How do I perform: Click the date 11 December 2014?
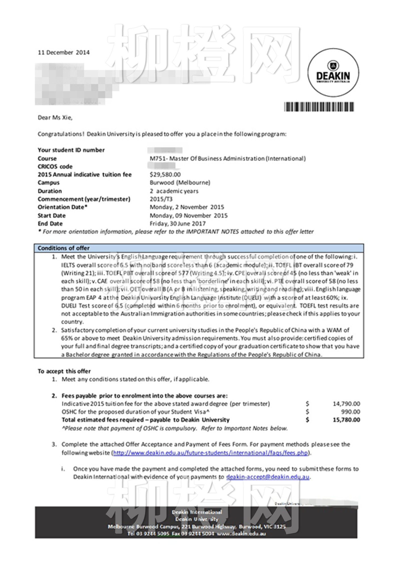point(64,52)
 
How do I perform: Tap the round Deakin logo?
point(333,73)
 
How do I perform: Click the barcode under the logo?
point(319,107)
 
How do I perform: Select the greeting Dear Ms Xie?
point(55,118)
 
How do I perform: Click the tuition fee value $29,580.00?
point(165,175)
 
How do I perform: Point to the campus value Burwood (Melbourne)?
point(180,183)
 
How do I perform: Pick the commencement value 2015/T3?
point(161,199)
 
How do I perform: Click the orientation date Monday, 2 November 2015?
point(187,207)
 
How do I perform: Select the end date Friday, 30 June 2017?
point(178,224)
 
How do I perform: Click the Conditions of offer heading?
point(64,248)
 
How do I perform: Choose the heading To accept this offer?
point(64,371)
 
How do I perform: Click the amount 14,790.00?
point(346,404)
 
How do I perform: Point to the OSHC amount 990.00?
point(350,412)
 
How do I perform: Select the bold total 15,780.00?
point(346,420)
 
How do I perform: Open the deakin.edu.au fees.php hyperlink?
point(210,453)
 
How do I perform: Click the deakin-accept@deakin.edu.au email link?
point(268,477)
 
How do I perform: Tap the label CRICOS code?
point(55,166)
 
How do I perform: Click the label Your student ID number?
point(71,150)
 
